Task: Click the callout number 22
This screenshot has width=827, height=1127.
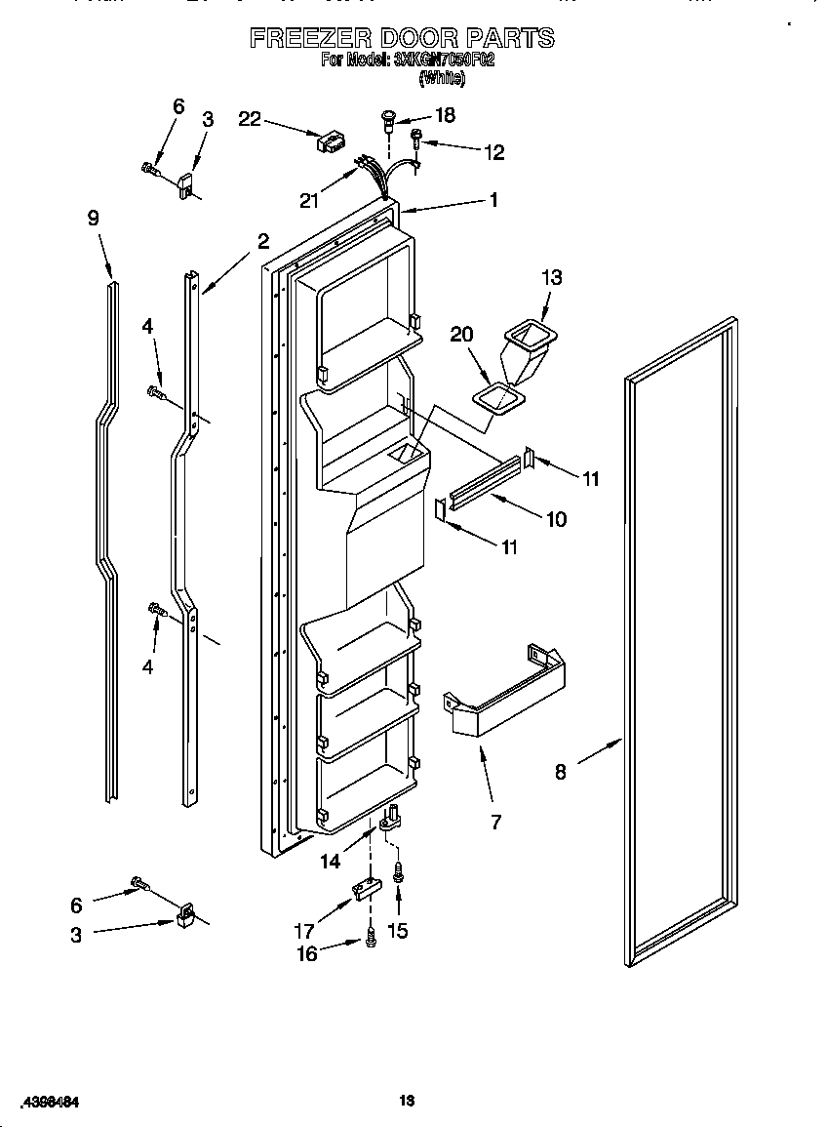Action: coord(250,119)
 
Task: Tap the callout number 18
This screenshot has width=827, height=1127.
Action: coord(444,115)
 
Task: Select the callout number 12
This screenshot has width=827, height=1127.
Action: coord(494,151)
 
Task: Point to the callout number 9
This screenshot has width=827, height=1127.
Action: coord(94,219)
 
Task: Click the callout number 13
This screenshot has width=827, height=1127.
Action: coord(551,277)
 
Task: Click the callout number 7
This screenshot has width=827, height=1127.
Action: coord(495,822)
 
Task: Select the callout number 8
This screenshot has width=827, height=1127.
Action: coord(560,772)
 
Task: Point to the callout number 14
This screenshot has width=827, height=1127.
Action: coord(331,861)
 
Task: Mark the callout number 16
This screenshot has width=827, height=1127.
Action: coord(306,953)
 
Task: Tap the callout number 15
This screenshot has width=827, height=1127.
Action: coord(398,930)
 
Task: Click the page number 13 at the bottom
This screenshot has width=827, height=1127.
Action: coord(408,1102)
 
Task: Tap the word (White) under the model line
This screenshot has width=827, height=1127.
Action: coord(441,79)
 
